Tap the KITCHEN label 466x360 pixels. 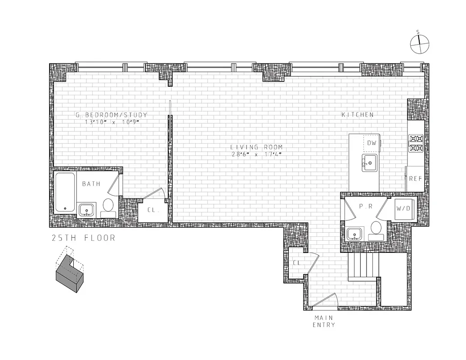coord(358,115)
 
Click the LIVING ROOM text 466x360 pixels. coord(257,147)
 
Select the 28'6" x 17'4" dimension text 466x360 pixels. coord(257,154)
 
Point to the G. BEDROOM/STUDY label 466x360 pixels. coord(111,115)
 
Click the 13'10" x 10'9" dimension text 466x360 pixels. coord(111,122)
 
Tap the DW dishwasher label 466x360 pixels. coord(372,143)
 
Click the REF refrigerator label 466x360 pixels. coord(415,179)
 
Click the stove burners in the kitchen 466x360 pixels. coord(416,143)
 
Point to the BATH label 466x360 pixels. coord(91,184)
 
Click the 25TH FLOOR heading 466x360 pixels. coord(83,238)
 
